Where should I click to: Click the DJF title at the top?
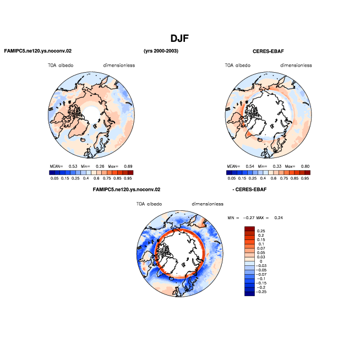pos(179,39)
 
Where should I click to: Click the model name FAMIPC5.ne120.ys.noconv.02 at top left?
pos(38,51)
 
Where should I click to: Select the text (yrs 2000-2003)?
pos(161,51)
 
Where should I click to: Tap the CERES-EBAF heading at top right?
pos(268,51)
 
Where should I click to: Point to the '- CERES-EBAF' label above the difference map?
pos(249,189)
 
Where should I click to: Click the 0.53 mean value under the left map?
pos(73,166)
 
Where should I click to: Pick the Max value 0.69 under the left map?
pos(128,166)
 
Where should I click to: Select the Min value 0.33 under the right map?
pos(277,166)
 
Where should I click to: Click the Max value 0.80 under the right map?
pos(305,166)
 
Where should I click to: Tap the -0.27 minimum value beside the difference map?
pos(248,217)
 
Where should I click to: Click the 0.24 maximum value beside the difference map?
pos(279,217)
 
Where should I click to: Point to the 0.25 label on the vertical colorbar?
pos(261,231)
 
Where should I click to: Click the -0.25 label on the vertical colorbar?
pos(261,292)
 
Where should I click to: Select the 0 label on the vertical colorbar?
pos(261,261)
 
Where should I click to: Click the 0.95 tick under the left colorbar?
pos(128,178)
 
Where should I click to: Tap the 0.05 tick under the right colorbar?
pos(231,178)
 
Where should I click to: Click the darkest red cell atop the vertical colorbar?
pos(249,228)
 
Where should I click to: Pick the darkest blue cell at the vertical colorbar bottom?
pos(249,293)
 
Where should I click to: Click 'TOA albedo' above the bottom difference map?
pos(149,204)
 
